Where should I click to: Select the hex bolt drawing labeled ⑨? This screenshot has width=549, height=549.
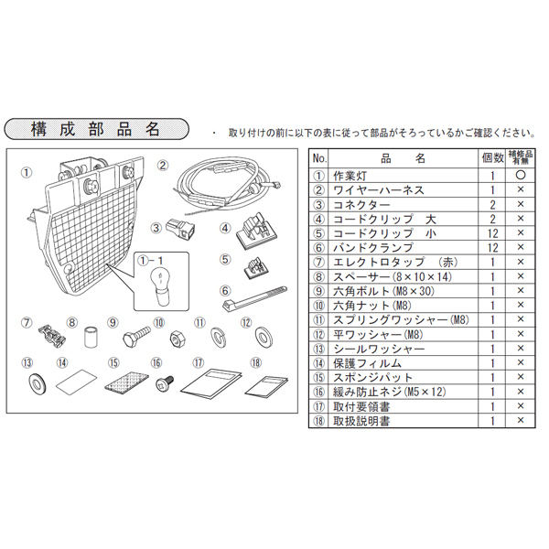[137, 335]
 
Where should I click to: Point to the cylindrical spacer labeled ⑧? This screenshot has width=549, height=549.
[92, 338]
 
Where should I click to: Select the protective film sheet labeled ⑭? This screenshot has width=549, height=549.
[77, 382]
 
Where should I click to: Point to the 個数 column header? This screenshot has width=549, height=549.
[491, 157]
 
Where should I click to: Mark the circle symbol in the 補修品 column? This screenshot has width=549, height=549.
[520, 175]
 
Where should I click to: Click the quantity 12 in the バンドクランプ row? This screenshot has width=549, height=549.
[491, 247]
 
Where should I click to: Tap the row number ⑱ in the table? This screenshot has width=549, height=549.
[318, 420]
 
